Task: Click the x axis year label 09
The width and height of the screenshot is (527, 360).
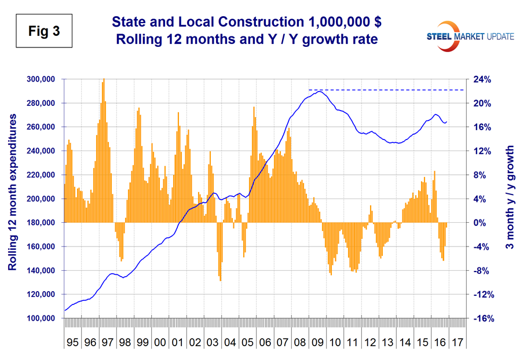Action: tap(317, 341)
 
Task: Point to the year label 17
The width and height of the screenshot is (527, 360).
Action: tap(457, 341)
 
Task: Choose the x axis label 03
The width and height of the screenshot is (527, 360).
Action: tap(213, 341)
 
